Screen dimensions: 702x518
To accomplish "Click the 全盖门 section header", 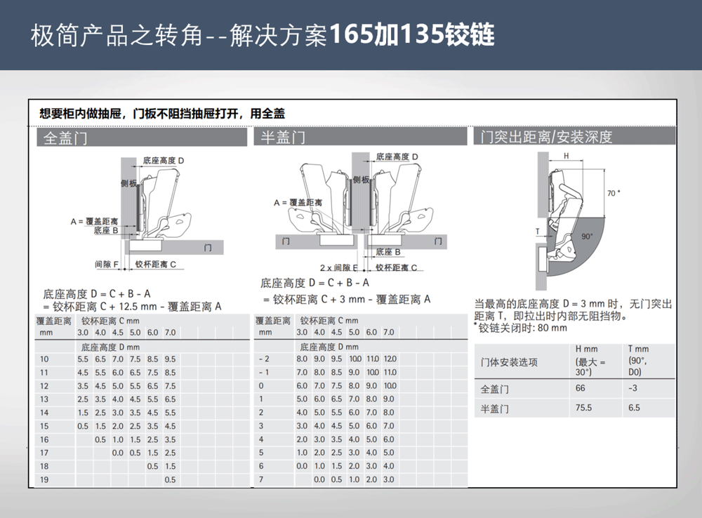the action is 65,138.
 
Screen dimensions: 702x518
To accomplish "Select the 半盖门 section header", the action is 283,137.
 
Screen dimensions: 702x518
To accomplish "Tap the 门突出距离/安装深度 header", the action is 546,137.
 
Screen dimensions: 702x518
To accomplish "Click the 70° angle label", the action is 614,193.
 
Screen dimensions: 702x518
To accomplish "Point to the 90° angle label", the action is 587,237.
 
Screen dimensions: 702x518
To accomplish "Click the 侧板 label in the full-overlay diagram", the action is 128,183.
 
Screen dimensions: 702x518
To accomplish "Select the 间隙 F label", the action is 107,265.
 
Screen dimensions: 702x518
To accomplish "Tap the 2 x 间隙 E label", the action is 339,267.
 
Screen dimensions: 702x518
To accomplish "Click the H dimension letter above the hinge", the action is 567,157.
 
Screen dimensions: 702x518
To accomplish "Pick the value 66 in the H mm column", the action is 581,388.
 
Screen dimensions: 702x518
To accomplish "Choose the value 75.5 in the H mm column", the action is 583,407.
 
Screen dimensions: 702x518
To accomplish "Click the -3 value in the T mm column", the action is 633,388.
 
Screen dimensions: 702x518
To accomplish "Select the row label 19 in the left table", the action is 44,479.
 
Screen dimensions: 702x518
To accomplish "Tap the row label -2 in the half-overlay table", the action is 264,359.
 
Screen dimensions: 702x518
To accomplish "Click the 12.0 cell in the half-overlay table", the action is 390,359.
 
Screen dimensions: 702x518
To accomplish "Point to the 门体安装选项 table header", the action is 509,362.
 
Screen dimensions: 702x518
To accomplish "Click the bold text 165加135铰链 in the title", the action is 412,34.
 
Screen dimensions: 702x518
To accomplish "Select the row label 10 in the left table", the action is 44,359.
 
